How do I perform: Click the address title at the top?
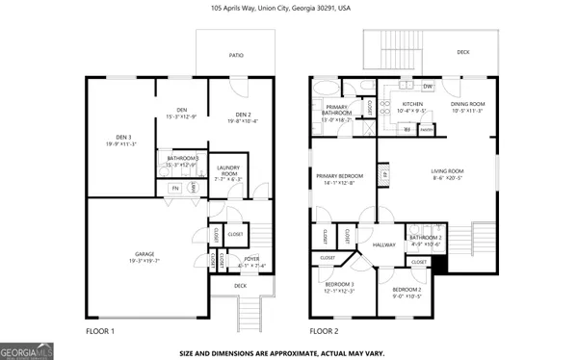[x=288, y=7]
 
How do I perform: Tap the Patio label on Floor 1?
[x=235, y=56]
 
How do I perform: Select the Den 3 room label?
[x=121, y=140]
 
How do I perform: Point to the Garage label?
[x=144, y=257]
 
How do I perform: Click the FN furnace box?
[x=174, y=188]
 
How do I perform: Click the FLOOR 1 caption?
[x=99, y=330]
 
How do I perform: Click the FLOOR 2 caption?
[x=324, y=330]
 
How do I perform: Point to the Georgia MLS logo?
[x=26, y=350]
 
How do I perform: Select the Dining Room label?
[x=470, y=106]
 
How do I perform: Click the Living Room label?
[x=447, y=174]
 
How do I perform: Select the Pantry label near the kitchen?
[x=426, y=128]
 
